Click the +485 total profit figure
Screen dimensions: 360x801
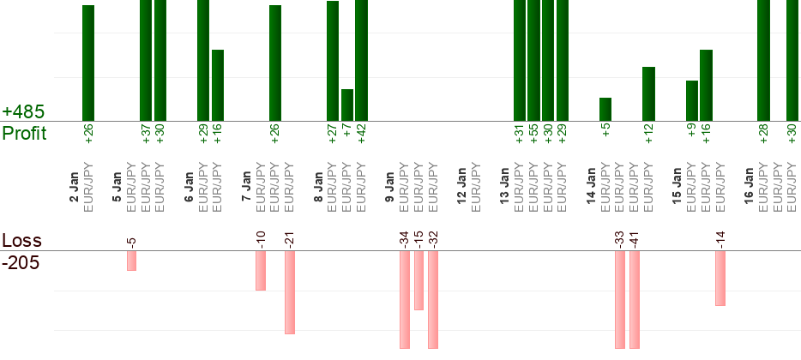pyautogui.click(x=23, y=112)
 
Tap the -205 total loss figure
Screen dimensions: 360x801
pyautogui.click(x=21, y=262)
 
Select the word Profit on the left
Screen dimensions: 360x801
pyautogui.click(x=24, y=134)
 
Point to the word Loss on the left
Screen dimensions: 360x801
pyautogui.click(x=21, y=241)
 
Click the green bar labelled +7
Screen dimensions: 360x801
pyautogui.click(x=347, y=105)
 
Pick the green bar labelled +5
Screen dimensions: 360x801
pyautogui.click(x=605, y=109)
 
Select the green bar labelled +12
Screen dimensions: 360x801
pyautogui.click(x=648, y=93)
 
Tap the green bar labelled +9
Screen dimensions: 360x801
pyautogui.click(x=692, y=100)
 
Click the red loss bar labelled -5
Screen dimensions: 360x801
pyautogui.click(x=132, y=261)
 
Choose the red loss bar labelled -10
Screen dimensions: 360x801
pyautogui.click(x=261, y=271)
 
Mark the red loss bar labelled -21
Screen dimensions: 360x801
pyautogui.click(x=290, y=292)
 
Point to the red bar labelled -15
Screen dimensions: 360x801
pyautogui.click(x=419, y=280)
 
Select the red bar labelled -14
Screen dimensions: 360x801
pyautogui.click(x=720, y=279)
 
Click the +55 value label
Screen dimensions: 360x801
pyautogui.click(x=533, y=135)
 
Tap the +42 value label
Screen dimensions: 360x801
pyautogui.click(x=362, y=135)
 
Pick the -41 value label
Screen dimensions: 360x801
pyautogui.click(x=635, y=239)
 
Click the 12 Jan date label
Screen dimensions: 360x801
pyautogui.click(x=461, y=186)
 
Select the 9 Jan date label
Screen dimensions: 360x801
pyautogui.click(x=389, y=186)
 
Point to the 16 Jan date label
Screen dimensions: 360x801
pyautogui.click(x=749, y=186)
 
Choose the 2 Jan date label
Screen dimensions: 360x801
pyautogui.click(x=74, y=186)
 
